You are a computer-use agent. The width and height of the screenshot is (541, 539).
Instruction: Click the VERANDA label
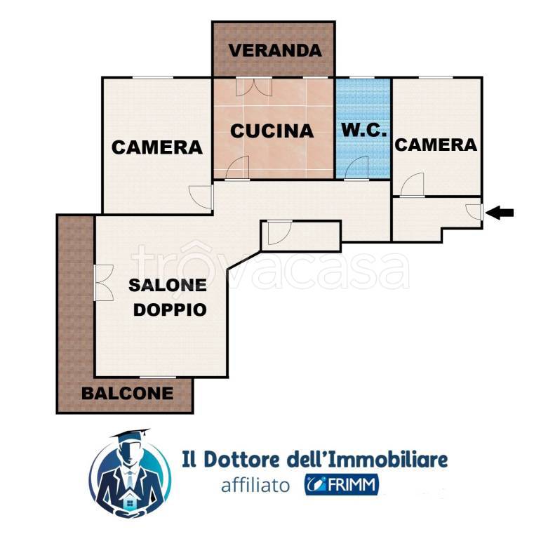[275, 51]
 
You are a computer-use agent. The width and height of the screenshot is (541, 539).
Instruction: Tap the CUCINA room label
[272, 131]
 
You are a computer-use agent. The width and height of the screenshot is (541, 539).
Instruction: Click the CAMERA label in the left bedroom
[157, 147]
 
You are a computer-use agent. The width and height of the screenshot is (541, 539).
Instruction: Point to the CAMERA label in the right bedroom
[436, 145]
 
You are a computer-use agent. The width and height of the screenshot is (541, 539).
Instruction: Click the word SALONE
[167, 285]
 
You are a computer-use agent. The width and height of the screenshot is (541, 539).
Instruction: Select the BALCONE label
[127, 393]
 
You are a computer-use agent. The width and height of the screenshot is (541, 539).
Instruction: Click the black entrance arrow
[500, 213]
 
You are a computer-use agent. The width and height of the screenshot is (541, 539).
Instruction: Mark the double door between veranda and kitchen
[254, 87]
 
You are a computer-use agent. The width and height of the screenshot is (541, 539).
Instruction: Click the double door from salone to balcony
[102, 282]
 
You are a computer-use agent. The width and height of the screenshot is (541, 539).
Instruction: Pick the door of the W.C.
[357, 168]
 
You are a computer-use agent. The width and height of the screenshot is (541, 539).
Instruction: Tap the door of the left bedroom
[202, 197]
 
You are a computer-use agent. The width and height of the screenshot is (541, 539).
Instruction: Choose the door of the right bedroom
[413, 185]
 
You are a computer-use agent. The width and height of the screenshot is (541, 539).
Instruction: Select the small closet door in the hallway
[278, 234]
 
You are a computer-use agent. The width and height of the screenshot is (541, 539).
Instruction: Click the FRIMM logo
[342, 484]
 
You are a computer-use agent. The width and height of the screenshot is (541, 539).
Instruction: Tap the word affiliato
[255, 485]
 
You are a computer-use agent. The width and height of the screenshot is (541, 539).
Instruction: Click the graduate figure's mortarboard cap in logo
[131, 437]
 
